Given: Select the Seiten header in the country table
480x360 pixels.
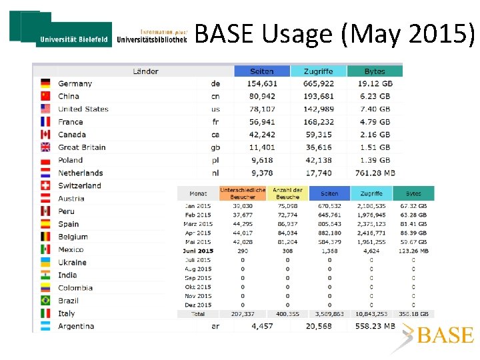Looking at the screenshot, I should click(x=262, y=71).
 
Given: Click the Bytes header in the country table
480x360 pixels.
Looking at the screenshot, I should click(x=375, y=71).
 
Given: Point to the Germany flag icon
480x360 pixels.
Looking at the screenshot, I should click(x=45, y=84).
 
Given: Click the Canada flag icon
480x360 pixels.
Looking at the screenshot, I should click(x=45, y=135).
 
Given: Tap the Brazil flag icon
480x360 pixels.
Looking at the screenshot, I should click(x=45, y=301).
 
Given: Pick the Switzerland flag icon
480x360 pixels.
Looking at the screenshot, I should click(x=45, y=185).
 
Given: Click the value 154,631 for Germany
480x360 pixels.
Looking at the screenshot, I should click(x=262, y=84).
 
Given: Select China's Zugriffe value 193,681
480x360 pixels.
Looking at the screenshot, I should click(x=318, y=97).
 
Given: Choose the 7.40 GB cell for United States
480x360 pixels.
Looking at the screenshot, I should click(x=374, y=109).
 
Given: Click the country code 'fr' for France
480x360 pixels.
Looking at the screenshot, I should click(x=215, y=122).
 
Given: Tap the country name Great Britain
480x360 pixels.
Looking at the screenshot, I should click(x=81, y=147).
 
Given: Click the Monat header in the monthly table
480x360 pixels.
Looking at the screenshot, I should click(x=198, y=194).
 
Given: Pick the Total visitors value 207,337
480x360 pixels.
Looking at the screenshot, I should click(x=243, y=313).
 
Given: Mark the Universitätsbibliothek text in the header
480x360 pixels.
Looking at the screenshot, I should click(x=152, y=39).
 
